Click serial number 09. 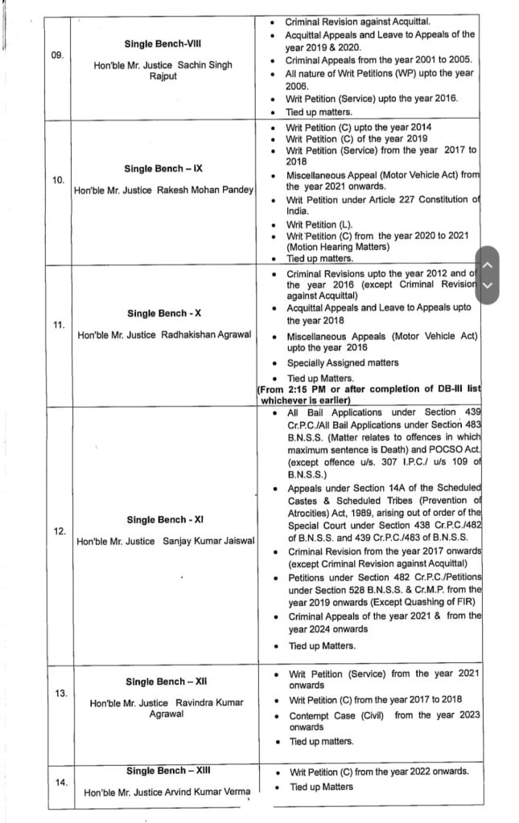pyautogui.click(x=57, y=56)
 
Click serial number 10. pyautogui.click(x=58, y=180)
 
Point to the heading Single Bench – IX pyautogui.click(x=163, y=169)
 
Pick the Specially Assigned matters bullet pyautogui.click(x=343, y=363)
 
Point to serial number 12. pyautogui.click(x=57, y=530)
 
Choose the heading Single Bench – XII pyautogui.click(x=161, y=682)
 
